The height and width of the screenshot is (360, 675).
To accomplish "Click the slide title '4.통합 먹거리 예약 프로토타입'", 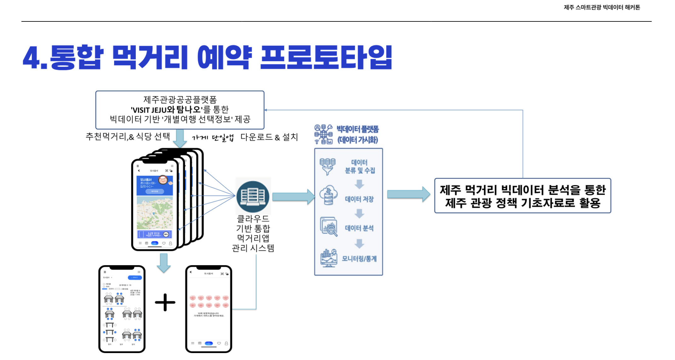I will (207, 57).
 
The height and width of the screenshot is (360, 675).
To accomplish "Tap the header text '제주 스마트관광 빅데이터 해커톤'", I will (602, 7).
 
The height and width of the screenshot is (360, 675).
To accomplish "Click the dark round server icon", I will (253, 196).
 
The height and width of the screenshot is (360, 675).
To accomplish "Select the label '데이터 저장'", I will (359, 199).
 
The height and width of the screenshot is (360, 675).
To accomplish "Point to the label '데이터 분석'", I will (359, 228).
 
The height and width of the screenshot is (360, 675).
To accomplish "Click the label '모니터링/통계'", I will (359, 258).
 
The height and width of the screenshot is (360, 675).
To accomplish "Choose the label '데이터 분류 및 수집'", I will (360, 166).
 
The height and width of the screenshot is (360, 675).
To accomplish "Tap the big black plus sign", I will (165, 302).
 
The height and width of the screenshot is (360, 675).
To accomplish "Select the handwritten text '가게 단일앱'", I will (213, 138).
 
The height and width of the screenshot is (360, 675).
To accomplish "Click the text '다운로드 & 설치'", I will (269, 137).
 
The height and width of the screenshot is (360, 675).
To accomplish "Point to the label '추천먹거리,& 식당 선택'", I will (128, 136).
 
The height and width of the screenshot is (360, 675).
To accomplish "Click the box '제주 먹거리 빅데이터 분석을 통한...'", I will (522, 196).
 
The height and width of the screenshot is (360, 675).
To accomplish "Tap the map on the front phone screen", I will (154, 213).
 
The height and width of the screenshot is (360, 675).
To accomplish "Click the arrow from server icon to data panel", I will (293, 197).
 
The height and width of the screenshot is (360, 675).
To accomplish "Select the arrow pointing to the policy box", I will (408, 194).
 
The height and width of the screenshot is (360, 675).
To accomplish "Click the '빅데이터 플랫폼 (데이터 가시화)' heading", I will (357, 134).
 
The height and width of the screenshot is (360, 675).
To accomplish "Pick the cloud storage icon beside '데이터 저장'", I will (328, 195).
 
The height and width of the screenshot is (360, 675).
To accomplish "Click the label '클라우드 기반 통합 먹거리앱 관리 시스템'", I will (253, 233).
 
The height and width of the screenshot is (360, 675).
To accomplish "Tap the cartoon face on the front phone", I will (163, 180).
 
